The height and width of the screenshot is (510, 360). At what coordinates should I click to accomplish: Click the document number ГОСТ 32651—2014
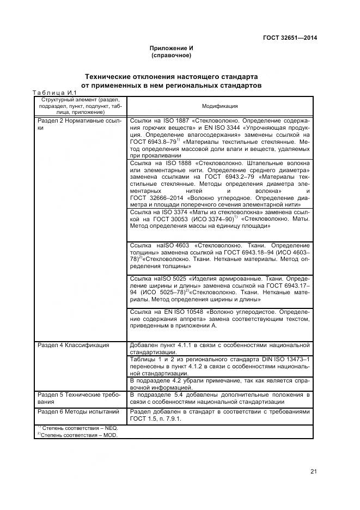pos(290,38)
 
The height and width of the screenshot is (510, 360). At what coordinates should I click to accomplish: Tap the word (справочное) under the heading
pos(171,56)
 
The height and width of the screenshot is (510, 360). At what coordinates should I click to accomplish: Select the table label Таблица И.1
pos(57,93)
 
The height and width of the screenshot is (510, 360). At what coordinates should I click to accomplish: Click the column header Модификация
pos(220,106)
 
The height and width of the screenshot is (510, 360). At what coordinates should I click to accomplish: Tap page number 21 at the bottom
pos(314,471)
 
